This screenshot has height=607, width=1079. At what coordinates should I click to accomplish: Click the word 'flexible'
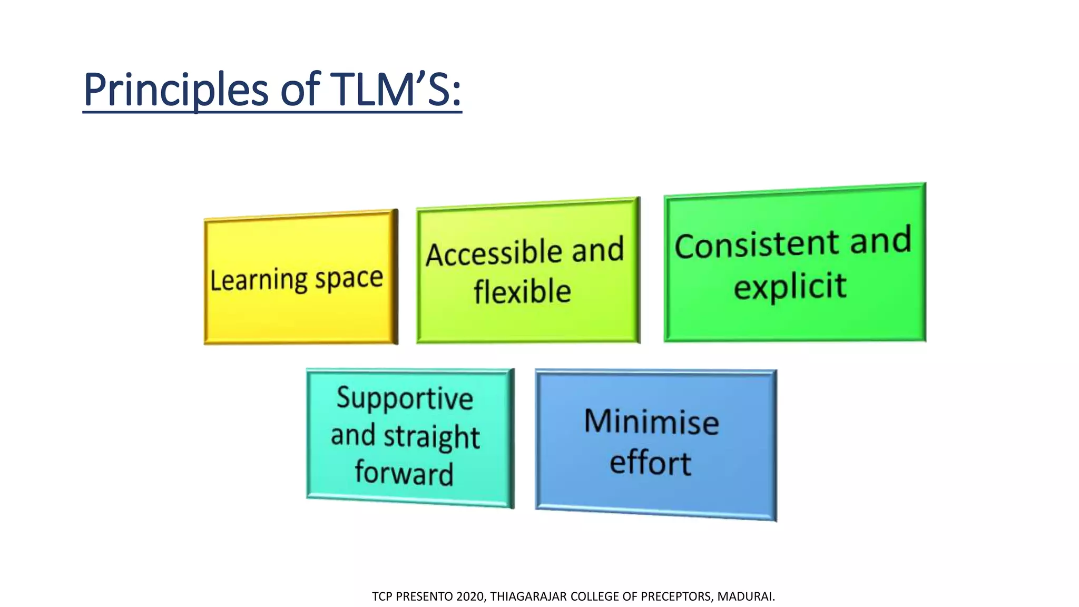[522, 292]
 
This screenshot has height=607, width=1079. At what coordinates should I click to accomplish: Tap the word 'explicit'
[790, 287]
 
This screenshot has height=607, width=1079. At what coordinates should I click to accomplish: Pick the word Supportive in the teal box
[405, 398]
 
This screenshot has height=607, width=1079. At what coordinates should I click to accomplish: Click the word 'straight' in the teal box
[431, 437]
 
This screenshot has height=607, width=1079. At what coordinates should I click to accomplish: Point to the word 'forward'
[404, 473]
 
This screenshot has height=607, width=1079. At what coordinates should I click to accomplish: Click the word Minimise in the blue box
[652, 422]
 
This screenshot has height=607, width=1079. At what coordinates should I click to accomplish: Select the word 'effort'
[650, 463]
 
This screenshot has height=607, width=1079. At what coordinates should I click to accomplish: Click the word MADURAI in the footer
[745, 596]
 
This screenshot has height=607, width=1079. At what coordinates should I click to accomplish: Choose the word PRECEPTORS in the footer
[676, 596]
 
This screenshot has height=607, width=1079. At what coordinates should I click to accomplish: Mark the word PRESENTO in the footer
[424, 596]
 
